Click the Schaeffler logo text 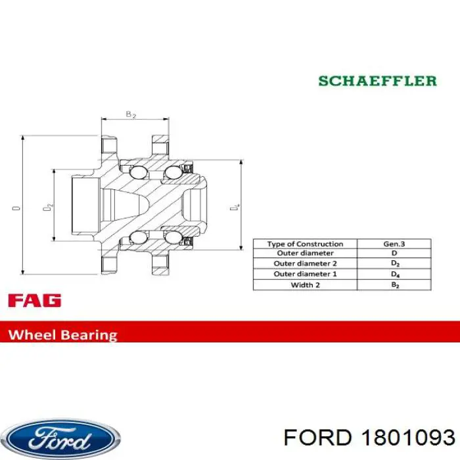coord(377,81)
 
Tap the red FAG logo coord(34,301)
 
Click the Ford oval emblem coord(60,439)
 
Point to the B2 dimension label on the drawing coord(130,114)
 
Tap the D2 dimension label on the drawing coord(47,207)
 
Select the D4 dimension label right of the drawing coord(238,208)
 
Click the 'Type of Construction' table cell coord(305,244)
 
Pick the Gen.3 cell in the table coord(394,244)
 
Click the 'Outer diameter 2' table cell coord(305,264)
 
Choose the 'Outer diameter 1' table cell coord(305,274)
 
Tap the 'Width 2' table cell coord(305,285)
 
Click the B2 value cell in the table coord(394,285)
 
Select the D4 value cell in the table coord(394,274)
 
